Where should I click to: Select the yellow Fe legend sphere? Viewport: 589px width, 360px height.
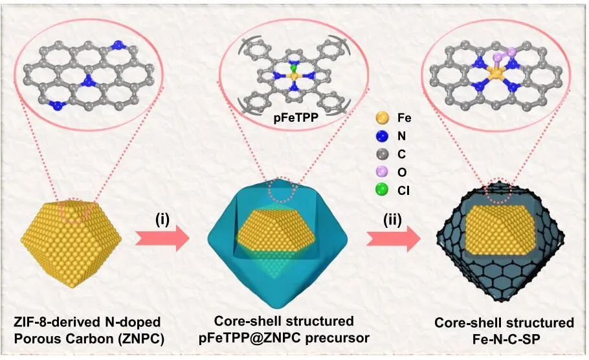tap(383, 119)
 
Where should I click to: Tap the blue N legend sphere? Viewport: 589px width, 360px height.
tap(383, 137)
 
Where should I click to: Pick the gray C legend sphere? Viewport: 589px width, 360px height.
tap(383, 155)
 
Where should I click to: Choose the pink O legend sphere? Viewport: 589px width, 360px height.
tap(383, 173)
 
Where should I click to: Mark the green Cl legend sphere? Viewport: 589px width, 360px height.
tap(383, 191)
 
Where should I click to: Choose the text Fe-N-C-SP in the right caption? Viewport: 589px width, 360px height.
tap(504, 337)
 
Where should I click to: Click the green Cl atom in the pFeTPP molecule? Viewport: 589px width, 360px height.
tap(293, 67)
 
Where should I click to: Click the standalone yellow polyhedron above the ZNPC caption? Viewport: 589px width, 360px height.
tap(72, 243)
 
